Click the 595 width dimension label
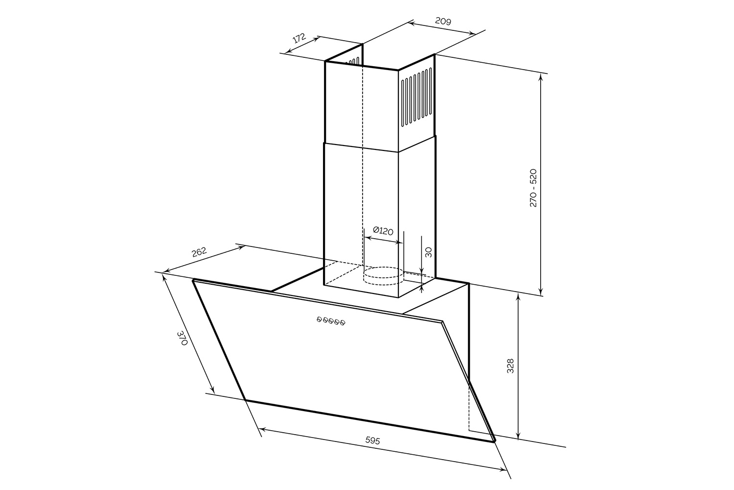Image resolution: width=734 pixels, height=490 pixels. [x=372, y=440]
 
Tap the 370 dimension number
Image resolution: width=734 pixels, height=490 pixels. [x=182, y=338]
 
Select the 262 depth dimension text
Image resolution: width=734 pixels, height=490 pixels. [x=199, y=252]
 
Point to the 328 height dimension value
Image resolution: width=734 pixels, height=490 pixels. [x=510, y=366]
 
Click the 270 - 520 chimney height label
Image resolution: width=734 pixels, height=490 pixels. [x=533, y=188]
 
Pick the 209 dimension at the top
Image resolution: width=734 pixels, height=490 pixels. [x=443, y=21]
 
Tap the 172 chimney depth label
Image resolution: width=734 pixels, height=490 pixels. [x=299, y=38]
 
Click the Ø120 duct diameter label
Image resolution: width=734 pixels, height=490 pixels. [x=383, y=231]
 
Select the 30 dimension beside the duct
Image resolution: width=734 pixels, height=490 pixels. [x=428, y=252]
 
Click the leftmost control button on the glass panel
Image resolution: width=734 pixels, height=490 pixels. [x=319, y=318]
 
